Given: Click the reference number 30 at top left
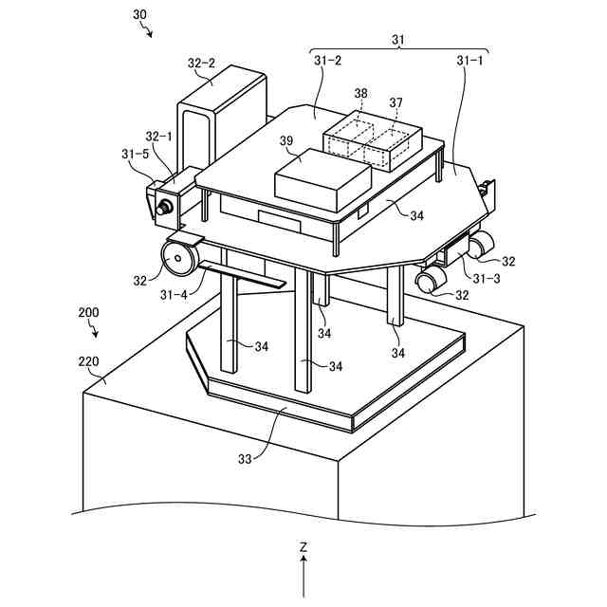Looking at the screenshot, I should tap(140, 16).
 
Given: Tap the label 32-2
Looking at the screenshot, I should tap(201, 64).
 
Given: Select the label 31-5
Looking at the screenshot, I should tap(137, 152).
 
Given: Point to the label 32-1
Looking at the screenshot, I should tap(158, 137).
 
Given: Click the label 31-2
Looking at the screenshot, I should tap(327, 60).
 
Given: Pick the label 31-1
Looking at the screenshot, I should tap(469, 60).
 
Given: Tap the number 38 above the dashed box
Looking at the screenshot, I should tap(360, 93).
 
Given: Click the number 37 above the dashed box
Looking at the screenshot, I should tap(396, 102).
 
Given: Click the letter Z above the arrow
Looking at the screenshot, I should tap(303, 547).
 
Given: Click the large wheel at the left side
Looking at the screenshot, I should tap(178, 256).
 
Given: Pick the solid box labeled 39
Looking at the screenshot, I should tap(322, 180).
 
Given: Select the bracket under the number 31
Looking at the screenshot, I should tap(399, 50).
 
